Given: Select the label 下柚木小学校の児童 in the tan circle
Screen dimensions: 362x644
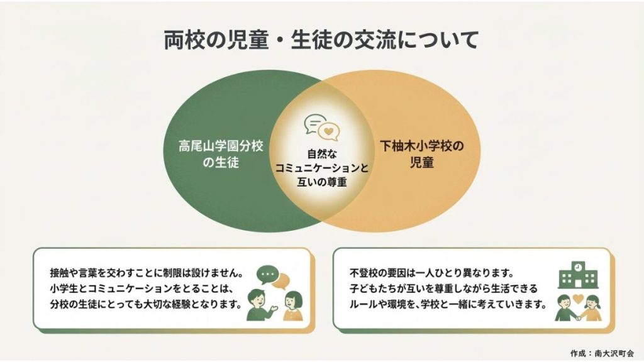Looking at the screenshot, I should click(x=421, y=154).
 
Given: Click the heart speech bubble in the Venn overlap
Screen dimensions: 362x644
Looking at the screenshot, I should click(x=328, y=131).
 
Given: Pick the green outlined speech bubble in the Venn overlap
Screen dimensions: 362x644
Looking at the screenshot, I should click(x=314, y=123).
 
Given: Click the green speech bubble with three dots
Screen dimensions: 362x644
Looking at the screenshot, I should click(x=268, y=275).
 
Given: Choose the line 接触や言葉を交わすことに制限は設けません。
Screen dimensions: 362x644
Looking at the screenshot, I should click(x=147, y=274).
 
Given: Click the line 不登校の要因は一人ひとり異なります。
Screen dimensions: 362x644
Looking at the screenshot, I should click(x=433, y=274).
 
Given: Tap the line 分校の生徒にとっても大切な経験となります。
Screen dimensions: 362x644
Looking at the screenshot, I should click(x=146, y=305).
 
